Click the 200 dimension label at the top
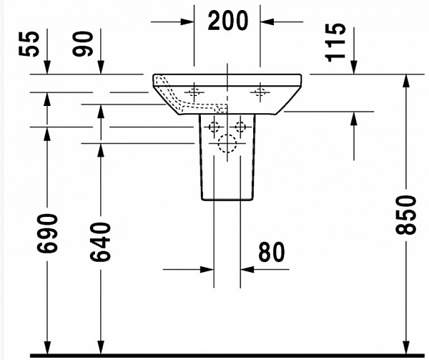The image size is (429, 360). (228, 21)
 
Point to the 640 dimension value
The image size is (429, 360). (101, 241)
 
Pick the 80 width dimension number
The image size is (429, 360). (270, 252)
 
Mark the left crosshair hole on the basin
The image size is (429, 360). (194, 92)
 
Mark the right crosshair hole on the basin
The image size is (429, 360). (260, 92)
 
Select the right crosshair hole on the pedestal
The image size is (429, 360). (241, 127)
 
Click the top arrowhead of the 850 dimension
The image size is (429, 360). (406, 79)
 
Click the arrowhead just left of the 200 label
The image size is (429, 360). (188, 21)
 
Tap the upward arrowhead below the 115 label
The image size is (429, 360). (354, 118)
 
